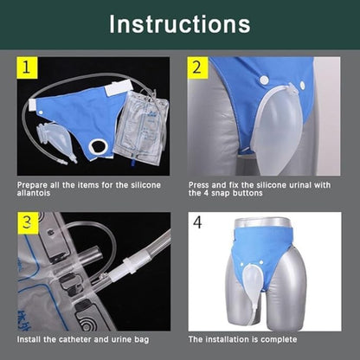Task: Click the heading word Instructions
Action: (x=179, y=23)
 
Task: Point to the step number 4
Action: (x=197, y=222)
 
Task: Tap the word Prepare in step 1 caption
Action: (x=33, y=185)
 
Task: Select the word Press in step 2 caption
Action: (x=200, y=185)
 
